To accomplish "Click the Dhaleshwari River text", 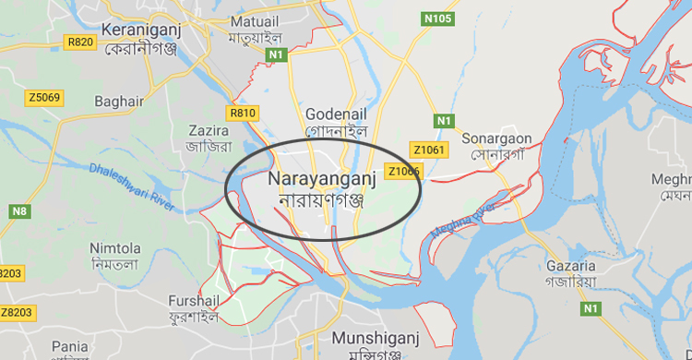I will pyautogui.click(x=132, y=182).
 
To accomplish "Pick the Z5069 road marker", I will pyautogui.click(x=43, y=97).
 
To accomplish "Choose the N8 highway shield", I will pyautogui.click(x=19, y=211).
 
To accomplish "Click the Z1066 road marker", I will pyautogui.click(x=404, y=171).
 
